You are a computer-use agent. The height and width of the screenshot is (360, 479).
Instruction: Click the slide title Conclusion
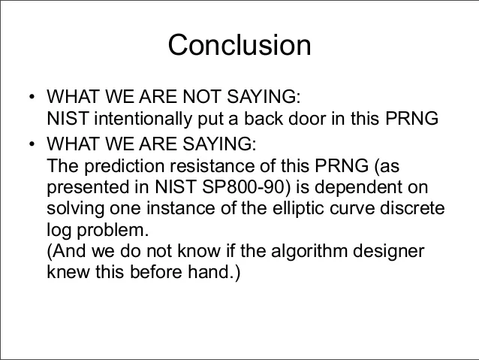(239, 45)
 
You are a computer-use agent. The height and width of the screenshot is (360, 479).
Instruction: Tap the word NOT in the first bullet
(201, 96)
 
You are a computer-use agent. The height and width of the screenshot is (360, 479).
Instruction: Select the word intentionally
(143, 119)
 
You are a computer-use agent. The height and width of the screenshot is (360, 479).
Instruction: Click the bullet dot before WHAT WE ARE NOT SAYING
(32, 97)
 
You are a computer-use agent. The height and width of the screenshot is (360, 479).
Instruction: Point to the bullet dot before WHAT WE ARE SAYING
(32, 144)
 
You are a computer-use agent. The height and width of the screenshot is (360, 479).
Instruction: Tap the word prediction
(125, 166)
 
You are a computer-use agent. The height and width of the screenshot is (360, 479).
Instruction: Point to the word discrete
(412, 208)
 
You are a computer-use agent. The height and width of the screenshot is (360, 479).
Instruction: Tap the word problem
(113, 230)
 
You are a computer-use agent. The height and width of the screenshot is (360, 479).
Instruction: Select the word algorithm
(309, 252)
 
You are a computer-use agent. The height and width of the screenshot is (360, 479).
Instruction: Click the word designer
(389, 252)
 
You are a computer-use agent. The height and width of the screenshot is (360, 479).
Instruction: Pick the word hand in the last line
(209, 271)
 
